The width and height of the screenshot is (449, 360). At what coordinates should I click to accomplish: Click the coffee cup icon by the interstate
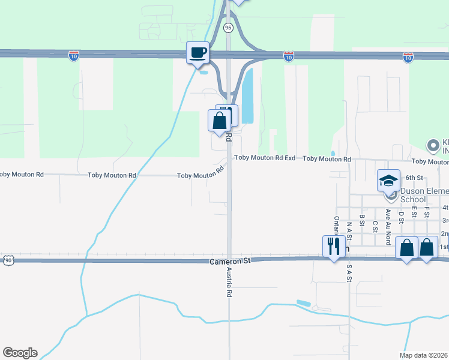click(x=197, y=52)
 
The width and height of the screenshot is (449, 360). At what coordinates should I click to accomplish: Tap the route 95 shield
click(x=228, y=28)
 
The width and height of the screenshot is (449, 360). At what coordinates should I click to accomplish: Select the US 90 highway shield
click(x=7, y=260)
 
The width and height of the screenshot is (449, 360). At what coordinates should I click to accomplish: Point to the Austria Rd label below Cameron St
click(x=229, y=283)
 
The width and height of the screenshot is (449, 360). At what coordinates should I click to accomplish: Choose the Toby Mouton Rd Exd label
click(x=265, y=158)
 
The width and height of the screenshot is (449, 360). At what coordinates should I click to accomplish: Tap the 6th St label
click(x=414, y=178)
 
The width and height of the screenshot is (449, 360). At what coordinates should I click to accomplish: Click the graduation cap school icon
click(x=388, y=179)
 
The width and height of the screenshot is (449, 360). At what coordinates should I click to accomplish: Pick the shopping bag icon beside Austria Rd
click(x=220, y=120)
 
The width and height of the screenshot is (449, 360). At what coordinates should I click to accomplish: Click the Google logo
click(x=20, y=353)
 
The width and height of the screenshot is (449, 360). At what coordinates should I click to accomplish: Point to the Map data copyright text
click(x=424, y=355)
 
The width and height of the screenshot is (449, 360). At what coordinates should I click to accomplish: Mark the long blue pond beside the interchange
click(x=248, y=95)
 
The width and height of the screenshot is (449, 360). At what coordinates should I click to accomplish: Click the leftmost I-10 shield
click(x=74, y=56)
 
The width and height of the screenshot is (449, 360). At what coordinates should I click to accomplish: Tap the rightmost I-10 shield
click(x=408, y=56)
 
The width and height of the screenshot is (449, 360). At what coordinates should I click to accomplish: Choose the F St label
click(x=427, y=211)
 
